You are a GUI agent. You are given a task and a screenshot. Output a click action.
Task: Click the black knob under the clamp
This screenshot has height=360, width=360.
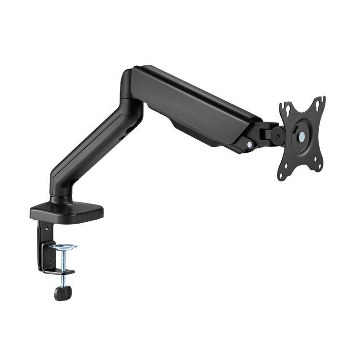tap(62, 292)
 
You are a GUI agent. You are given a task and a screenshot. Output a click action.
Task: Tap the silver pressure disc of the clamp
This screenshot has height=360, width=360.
tap(63, 247)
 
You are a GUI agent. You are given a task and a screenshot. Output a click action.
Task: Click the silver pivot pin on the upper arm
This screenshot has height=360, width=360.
tap(250, 143)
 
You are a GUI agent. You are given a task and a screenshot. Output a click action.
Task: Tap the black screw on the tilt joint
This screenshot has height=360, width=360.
tap(277, 136)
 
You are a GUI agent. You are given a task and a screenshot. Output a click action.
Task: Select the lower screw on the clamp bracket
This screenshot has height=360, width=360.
tap(48, 262)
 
